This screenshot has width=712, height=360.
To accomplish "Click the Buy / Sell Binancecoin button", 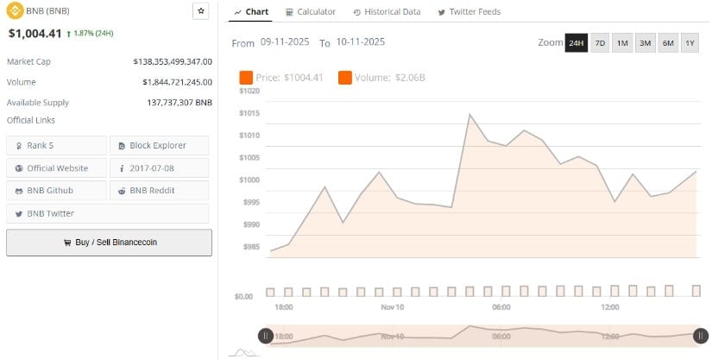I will click(109, 243).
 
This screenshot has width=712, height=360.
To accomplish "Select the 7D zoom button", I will click(600, 42).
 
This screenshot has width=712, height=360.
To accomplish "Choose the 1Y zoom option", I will click(690, 42).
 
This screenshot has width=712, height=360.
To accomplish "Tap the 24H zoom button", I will click(576, 42).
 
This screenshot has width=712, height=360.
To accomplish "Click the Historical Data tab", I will click(387, 12).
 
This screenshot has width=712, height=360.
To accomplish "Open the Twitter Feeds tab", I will click(469, 12).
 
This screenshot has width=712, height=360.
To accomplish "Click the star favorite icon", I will click(201, 11).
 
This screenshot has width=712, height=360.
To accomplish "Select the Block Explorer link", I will click(158, 145).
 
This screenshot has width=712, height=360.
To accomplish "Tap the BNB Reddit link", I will click(158, 190).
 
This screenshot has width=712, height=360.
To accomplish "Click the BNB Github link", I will click(55, 190).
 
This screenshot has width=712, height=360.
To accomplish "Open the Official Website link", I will click(55, 167).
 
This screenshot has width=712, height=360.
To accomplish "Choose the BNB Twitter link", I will click(55, 212).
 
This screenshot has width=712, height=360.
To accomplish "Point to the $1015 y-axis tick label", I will click(249, 113).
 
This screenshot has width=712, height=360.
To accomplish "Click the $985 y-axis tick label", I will click(250, 247).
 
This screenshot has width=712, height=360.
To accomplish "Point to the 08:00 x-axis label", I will click(501, 307).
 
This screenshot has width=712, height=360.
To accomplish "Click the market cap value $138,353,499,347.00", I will click(173, 62).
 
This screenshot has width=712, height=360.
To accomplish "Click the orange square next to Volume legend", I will click(345, 78).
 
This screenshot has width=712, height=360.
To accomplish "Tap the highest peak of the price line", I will click(469, 114).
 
